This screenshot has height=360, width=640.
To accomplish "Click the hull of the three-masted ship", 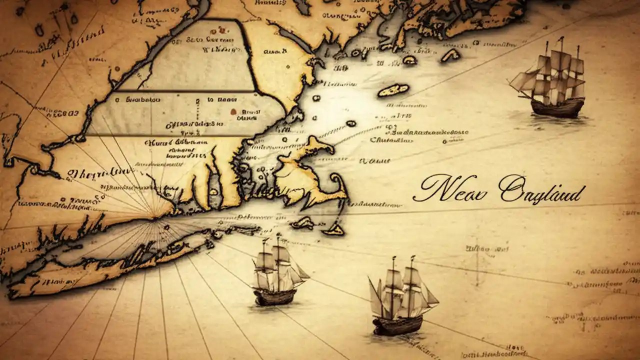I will tap(557, 106).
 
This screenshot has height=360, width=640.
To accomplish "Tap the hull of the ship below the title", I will tap(397, 325).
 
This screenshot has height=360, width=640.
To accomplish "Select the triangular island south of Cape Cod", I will tap(334, 229).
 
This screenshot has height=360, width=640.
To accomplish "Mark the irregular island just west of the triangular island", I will tap(303, 223).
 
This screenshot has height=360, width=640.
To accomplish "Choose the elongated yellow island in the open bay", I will tap(393, 90).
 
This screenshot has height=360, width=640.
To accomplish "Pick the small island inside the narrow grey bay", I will tap(214, 191).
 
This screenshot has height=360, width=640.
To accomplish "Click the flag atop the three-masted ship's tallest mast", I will tap(561, 39).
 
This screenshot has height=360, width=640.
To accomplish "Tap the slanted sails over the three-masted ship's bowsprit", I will tap(522, 80).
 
